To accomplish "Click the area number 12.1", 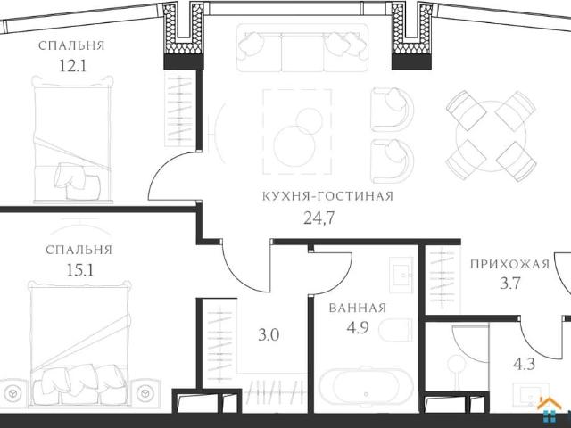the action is pos(72,66).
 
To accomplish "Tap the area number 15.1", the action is pos(80,270).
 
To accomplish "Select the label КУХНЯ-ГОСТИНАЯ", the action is pos(327,196).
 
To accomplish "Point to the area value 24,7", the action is pos(319,218).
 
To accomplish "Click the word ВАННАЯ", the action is pos(357,308).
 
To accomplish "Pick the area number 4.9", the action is pos(358,327).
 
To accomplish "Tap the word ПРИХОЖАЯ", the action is pos(509,264).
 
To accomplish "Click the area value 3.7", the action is pos(509,283).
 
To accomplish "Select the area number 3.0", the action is pos(269,335).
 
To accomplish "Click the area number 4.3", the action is pos(524,364).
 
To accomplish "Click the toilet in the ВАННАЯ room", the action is pos(395,331).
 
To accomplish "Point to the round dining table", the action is pos(492,136).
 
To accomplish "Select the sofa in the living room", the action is pos(302,47).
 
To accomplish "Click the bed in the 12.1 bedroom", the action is pos(72,139).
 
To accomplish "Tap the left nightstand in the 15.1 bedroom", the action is pos(13,393).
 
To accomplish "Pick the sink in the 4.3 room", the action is pos(531,395).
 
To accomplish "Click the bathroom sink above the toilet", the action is pos(401,275).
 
